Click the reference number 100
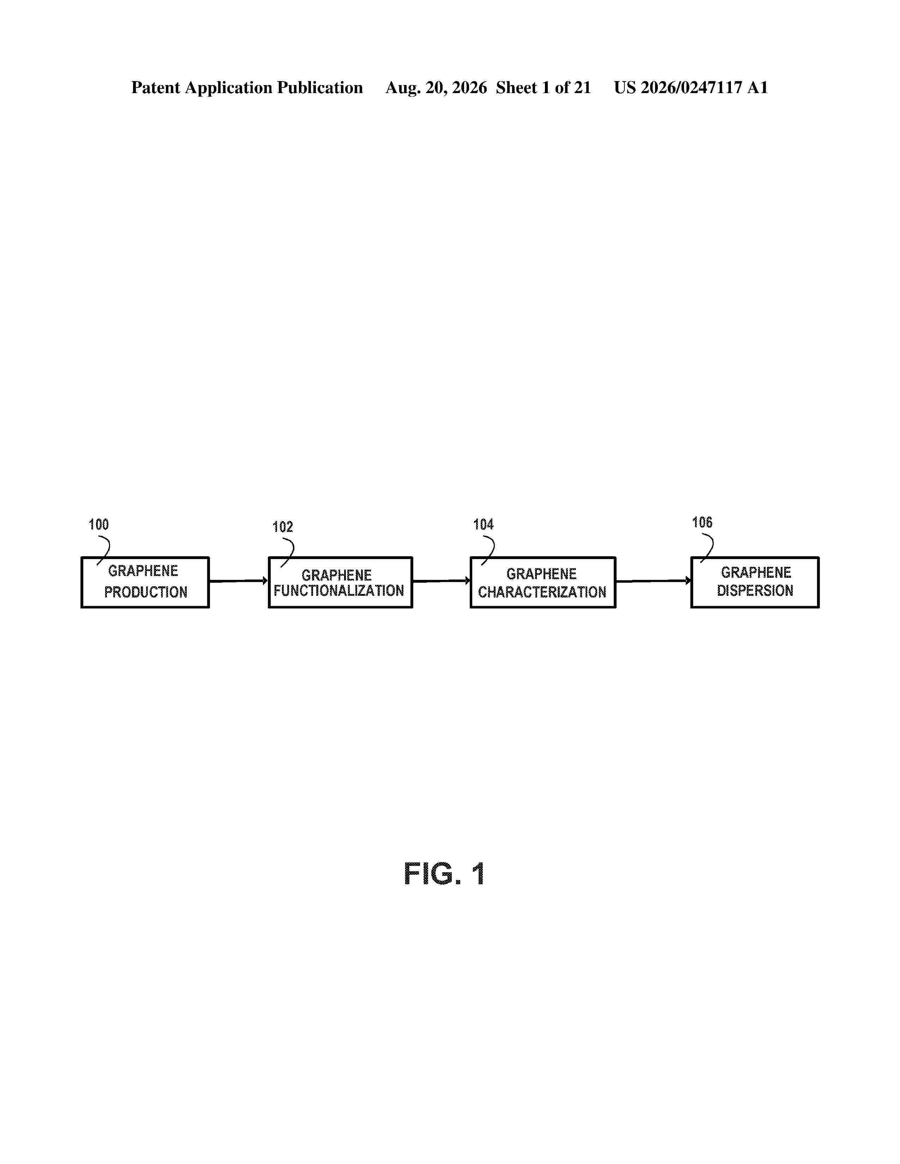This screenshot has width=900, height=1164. tap(98, 525)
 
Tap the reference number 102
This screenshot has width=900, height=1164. tap(283, 527)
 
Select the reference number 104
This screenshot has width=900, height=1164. tap(483, 525)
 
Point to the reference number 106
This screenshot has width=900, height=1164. tap(702, 522)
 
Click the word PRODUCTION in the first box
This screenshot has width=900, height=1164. tap(145, 592)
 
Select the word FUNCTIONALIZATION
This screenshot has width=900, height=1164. tap(339, 590)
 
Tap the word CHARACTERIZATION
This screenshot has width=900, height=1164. tap(542, 592)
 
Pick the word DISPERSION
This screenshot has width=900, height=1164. tap(755, 590)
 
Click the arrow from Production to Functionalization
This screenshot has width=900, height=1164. tap(238, 581)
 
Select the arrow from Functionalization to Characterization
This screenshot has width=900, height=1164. tap(442, 581)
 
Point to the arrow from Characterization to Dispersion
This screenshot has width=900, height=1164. tap(653, 581)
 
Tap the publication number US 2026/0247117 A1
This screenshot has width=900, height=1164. tap(691, 88)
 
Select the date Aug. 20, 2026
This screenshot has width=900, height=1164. tap(436, 88)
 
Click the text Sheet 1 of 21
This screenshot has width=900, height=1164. tap(543, 88)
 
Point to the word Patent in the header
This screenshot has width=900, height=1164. tap(156, 88)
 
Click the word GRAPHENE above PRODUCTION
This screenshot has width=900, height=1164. tap(143, 571)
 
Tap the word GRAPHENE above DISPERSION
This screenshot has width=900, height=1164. tap(756, 572)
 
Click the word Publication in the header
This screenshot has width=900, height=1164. tap(319, 88)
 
